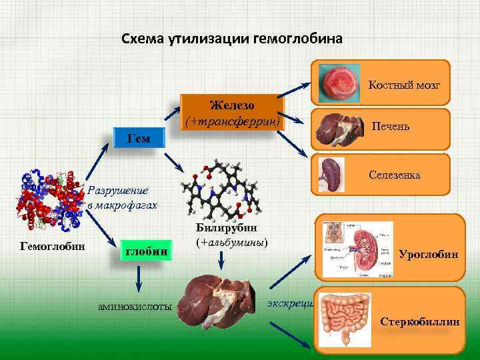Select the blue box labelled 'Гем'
139,139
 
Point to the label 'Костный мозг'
400,85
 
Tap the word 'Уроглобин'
428,254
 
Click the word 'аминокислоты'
135,306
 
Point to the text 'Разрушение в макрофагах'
122,198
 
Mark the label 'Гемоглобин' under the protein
53,246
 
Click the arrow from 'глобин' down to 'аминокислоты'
138,279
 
